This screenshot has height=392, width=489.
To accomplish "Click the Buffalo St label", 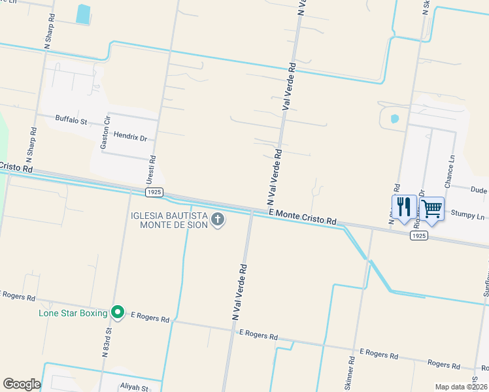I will tap(71, 120).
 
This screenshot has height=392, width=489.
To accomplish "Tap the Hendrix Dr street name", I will tap(130, 137).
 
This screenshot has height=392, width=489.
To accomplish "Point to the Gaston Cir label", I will tap(105, 134).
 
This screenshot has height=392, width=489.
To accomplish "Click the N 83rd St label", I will tap(105, 343).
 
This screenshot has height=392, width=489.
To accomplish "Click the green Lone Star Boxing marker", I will tap(118, 314).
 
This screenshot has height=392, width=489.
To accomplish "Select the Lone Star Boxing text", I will tap(73, 314).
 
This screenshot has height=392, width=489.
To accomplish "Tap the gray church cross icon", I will tap(218, 220).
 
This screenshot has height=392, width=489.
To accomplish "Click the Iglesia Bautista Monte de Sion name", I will tap(170, 220).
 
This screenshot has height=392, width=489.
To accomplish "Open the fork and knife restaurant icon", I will tap(404, 207).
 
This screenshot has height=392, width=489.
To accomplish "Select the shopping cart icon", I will tap(431, 208).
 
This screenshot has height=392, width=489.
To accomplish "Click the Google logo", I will tap(22, 384).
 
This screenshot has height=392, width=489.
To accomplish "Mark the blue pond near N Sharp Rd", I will tap(83, 14).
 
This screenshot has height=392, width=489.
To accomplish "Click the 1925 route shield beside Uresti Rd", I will tap(154, 192).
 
